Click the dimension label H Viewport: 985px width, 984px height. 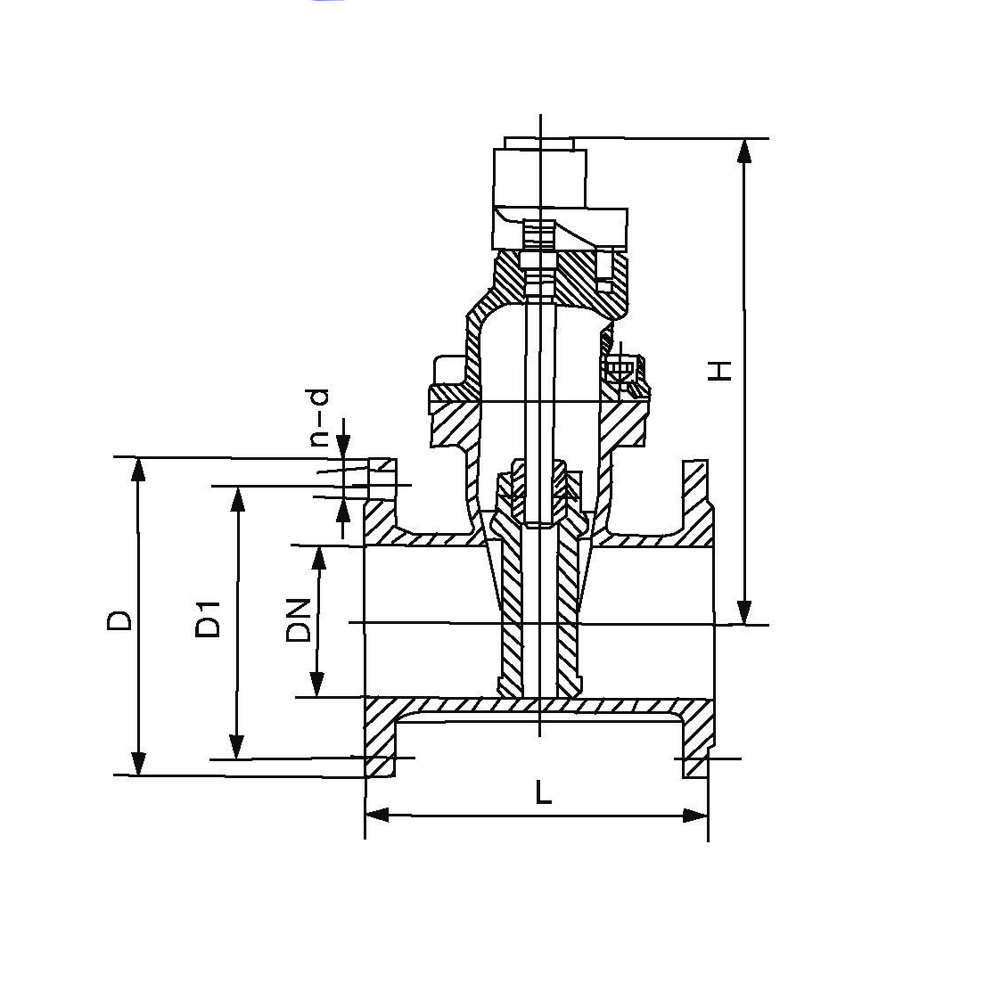click(x=720, y=371)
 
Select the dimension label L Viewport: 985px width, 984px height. click(x=543, y=791)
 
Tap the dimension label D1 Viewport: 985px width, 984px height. click(x=208, y=619)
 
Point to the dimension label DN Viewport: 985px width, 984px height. click(x=299, y=620)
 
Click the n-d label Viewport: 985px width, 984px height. click(x=319, y=418)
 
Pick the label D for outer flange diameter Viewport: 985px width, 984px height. click(x=119, y=619)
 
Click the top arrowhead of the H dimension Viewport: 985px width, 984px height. click(x=744, y=151)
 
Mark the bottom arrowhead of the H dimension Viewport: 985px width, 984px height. click(x=744, y=612)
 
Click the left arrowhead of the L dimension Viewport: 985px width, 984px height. click(x=378, y=816)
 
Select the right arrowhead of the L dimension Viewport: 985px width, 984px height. click(x=695, y=816)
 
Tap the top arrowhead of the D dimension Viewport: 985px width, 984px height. click(x=139, y=471)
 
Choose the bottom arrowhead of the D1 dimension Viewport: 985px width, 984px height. click(x=236, y=747)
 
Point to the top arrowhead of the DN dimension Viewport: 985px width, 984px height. click(x=319, y=558)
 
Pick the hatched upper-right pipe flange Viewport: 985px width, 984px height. click(x=696, y=503)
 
